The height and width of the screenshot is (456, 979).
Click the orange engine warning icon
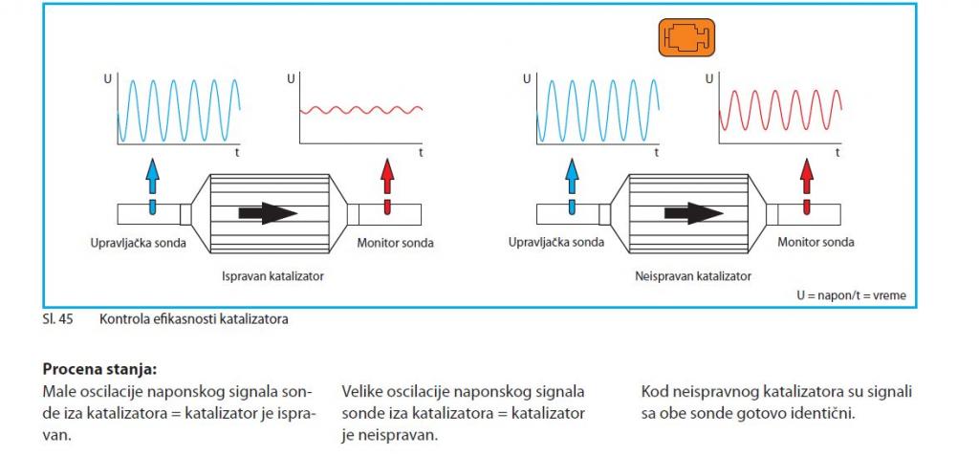(x=686, y=37)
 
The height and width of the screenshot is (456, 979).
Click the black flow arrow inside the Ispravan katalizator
(x=268, y=213)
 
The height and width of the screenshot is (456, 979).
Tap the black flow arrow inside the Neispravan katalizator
(x=694, y=213)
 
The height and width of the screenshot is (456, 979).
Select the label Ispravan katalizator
(x=273, y=275)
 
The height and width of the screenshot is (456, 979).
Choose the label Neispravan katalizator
(x=692, y=275)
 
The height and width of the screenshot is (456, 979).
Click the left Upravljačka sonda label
(x=138, y=243)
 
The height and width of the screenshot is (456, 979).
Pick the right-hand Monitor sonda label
(x=816, y=242)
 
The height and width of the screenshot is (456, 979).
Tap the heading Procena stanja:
(x=98, y=369)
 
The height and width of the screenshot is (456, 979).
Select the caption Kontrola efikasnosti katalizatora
(x=193, y=320)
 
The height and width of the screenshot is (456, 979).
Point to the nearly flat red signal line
(x=361, y=111)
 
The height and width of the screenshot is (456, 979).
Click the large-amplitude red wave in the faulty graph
(x=780, y=110)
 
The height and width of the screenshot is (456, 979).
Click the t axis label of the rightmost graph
(x=838, y=152)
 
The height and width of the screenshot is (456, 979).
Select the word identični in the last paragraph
(x=827, y=414)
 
